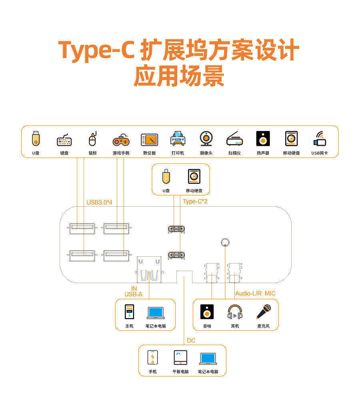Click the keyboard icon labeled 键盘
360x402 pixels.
64,140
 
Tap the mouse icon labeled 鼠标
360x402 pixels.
92,139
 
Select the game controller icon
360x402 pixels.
121,140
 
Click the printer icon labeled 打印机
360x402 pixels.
178,139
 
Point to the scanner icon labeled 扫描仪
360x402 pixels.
234,139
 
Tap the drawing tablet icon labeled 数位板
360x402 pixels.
149,140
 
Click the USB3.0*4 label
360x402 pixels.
99,203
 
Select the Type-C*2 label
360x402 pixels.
195,201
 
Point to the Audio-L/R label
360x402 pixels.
248,293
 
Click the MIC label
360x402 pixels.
270,293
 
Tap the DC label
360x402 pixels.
191,341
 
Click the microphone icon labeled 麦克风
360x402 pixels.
264,312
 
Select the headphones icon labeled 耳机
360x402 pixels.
235,312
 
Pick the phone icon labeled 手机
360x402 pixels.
152,357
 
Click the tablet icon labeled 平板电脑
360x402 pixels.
180,357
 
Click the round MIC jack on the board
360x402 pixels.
225,242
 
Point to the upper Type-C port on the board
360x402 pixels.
176,229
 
